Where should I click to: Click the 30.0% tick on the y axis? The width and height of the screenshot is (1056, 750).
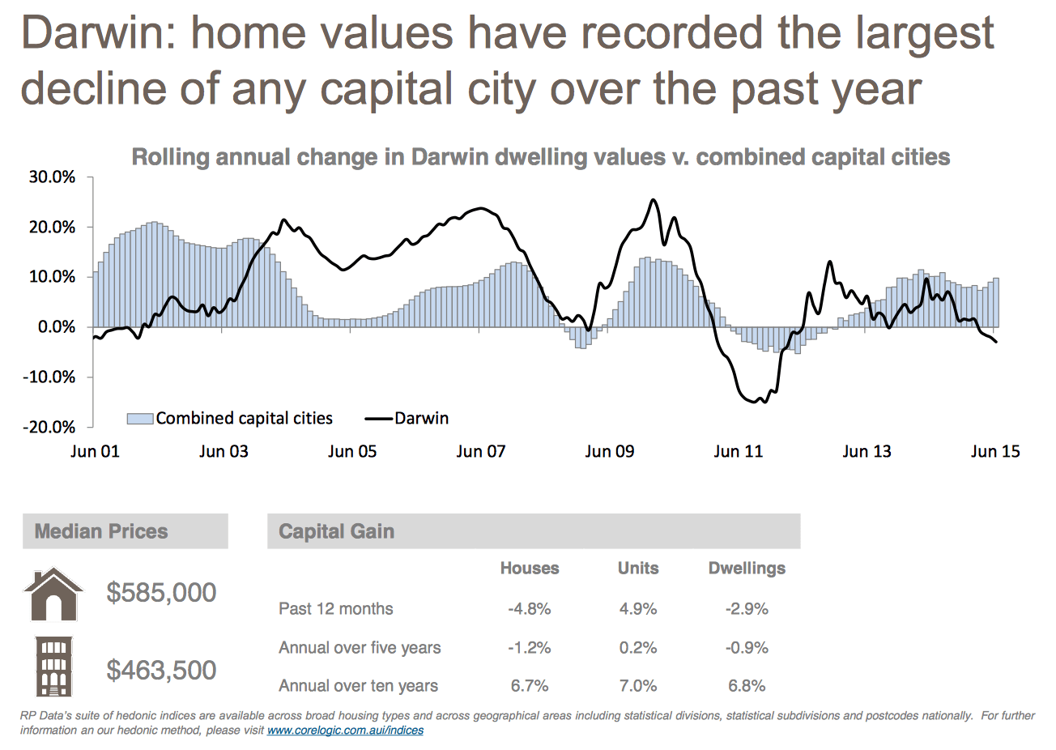(53, 177)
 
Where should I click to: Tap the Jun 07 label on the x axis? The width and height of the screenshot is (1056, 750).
(480, 451)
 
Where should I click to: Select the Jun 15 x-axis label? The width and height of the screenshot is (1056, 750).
(995, 451)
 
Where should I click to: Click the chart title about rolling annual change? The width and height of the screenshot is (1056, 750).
(540, 156)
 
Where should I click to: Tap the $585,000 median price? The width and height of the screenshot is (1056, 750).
(161, 592)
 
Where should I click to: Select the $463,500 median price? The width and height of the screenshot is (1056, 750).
(161, 670)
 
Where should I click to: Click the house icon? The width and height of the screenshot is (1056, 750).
(53, 594)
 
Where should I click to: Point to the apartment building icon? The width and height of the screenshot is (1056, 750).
(53, 667)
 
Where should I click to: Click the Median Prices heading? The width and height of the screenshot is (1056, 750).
(101, 531)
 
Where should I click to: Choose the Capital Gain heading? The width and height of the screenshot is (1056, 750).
(336, 531)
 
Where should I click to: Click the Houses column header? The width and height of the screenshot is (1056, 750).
(530, 568)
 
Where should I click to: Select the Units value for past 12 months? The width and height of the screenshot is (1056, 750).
(638, 608)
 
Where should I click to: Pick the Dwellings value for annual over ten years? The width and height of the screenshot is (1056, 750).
(747, 686)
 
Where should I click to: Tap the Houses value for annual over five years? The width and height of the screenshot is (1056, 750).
(530, 647)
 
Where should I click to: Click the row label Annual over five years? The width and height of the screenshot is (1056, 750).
(360, 647)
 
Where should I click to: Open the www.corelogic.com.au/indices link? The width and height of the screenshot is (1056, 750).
(345, 730)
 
